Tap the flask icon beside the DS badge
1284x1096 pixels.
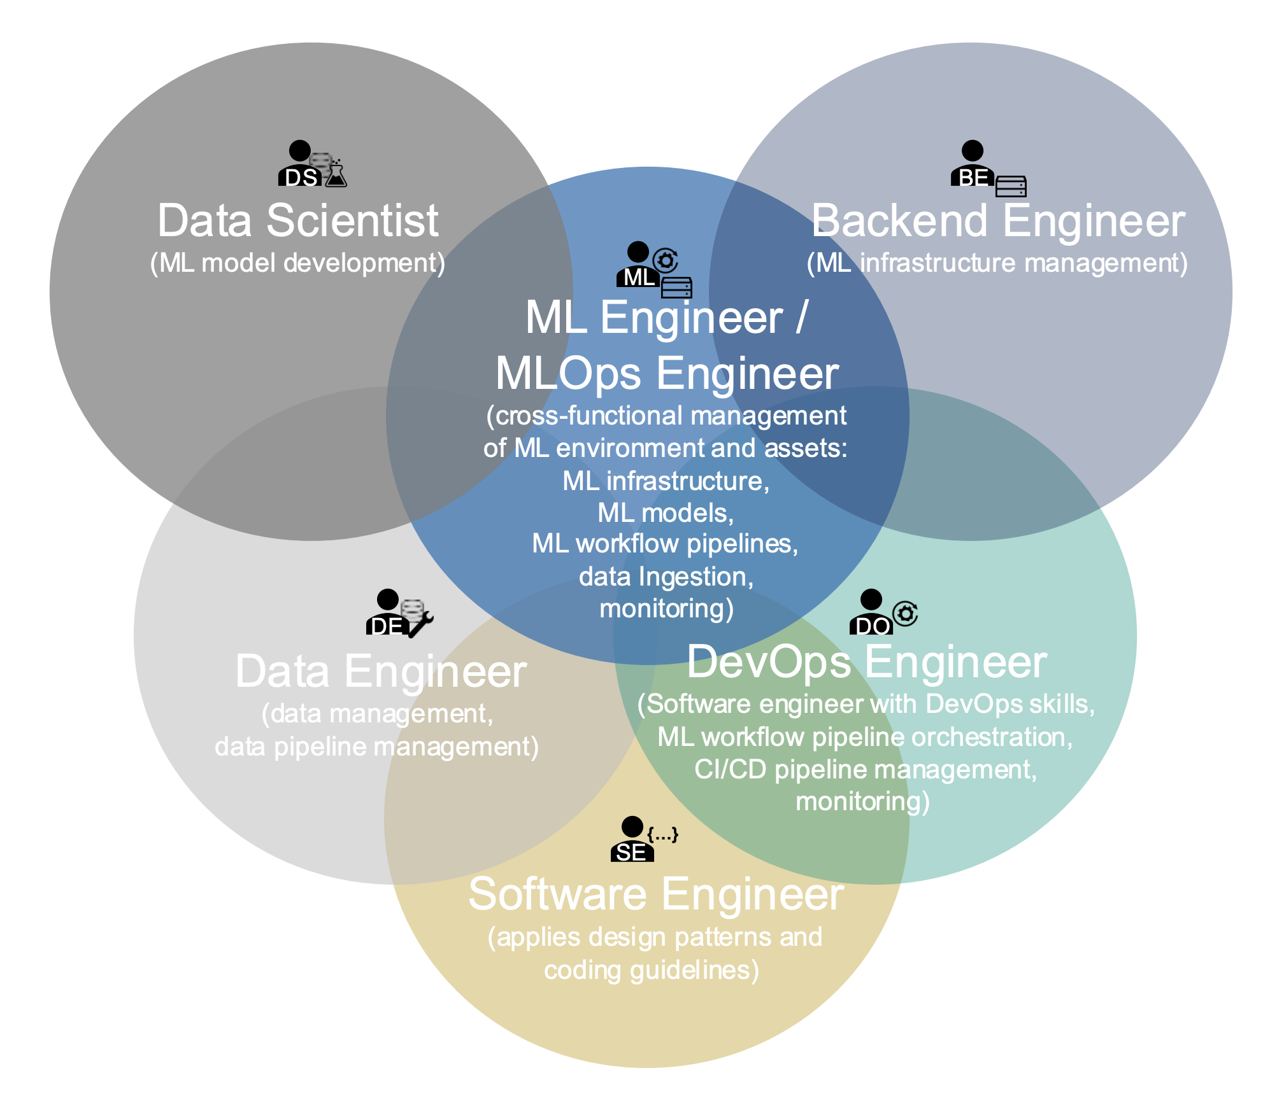(x=336, y=174)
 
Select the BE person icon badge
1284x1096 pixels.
(x=971, y=165)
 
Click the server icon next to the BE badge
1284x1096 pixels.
(x=1011, y=186)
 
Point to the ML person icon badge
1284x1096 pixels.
(x=638, y=266)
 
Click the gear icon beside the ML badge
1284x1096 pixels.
(x=666, y=260)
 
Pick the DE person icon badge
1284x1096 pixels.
(x=387, y=614)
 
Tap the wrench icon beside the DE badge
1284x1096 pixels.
(x=421, y=624)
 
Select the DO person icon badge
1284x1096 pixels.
(x=871, y=614)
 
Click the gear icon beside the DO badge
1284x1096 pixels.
(x=905, y=614)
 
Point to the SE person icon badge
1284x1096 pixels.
(x=632, y=841)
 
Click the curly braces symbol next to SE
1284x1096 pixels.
(x=663, y=834)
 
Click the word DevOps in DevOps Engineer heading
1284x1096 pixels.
(x=769, y=662)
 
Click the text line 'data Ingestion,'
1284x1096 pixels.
(x=666, y=577)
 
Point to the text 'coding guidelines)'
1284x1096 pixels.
(x=652, y=971)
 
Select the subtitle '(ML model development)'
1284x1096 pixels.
(x=297, y=263)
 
